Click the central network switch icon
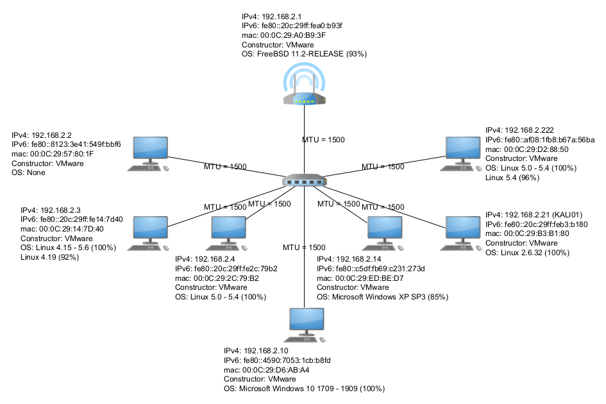tap(305, 181)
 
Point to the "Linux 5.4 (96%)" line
tap(512, 178)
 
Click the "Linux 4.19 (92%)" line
tap(49, 257)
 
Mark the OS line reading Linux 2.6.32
tap(527, 253)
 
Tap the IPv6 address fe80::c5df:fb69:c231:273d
tap(371, 268)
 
